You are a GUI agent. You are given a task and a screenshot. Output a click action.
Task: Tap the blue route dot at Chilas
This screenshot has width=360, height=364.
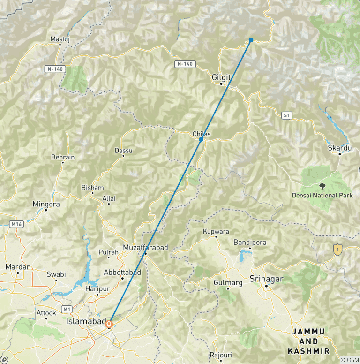(x=201, y=139)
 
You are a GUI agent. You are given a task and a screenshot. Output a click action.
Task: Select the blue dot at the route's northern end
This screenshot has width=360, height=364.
(x=251, y=40)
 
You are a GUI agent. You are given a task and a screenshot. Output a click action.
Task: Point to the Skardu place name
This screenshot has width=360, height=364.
(x=339, y=148)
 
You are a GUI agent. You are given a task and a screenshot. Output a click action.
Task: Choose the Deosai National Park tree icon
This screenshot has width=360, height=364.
(x=322, y=186)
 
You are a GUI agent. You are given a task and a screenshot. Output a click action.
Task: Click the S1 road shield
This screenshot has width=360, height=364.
(x=287, y=115)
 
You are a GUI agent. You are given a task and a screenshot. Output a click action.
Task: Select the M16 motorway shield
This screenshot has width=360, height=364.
(x=17, y=225)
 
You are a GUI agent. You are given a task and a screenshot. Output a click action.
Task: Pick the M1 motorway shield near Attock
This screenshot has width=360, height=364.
(x=67, y=309)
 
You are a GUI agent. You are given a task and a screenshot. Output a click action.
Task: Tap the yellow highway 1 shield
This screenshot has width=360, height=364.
(x=337, y=250)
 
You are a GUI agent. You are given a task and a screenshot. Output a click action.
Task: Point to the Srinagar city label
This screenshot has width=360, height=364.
(x=267, y=279)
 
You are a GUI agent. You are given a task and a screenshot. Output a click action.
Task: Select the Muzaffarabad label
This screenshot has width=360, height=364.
(x=145, y=247)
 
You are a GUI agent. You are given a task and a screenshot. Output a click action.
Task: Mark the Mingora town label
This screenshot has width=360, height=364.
(x=46, y=204)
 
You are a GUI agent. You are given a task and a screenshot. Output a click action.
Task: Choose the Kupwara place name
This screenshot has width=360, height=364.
(x=216, y=231)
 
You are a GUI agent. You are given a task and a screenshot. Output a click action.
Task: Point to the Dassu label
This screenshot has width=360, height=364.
(x=123, y=151)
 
